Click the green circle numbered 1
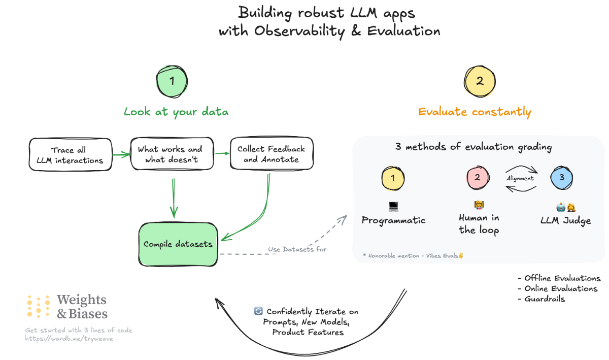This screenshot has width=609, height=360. [x=172, y=81]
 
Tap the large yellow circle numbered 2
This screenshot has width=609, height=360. [x=480, y=81]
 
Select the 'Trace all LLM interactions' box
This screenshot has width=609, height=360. [x=70, y=155]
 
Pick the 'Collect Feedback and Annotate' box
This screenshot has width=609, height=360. [x=271, y=154]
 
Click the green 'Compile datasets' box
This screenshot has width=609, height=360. [x=178, y=244]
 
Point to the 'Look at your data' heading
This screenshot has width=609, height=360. [x=176, y=112]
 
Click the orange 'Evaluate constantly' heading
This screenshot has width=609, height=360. [x=475, y=112]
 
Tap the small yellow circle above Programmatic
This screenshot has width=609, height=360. [x=394, y=178]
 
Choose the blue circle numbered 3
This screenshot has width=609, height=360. [x=562, y=178]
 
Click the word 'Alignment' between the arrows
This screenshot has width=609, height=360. [x=520, y=179]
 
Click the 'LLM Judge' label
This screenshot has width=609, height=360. [x=566, y=220]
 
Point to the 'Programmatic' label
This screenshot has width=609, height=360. [x=393, y=220]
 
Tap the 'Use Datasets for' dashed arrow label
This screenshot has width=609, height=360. [x=297, y=249]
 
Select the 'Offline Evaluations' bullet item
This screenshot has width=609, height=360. [x=559, y=278]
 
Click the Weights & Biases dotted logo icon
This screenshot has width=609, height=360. [x=39, y=307]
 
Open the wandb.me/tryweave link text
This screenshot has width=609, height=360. [x=69, y=339]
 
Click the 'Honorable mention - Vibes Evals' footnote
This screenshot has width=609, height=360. [x=413, y=255]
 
